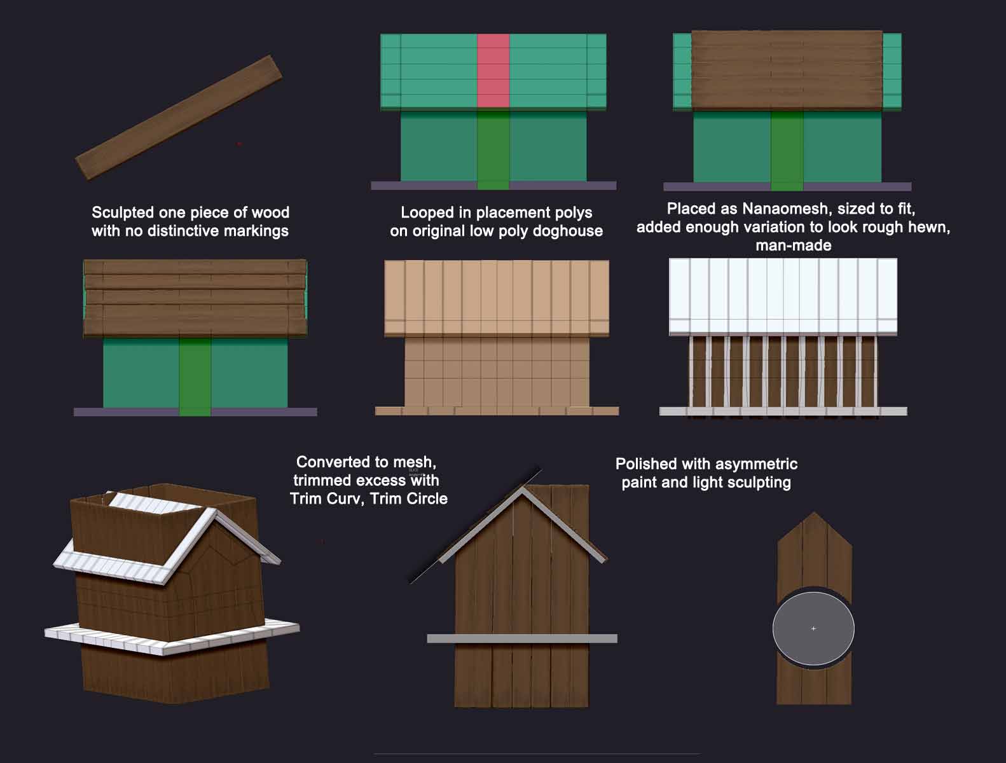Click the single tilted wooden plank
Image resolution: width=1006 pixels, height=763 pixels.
coord(179,118)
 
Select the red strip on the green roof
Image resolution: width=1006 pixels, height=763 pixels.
coord(493,71)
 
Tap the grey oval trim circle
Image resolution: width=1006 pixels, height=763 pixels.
coord(813,628)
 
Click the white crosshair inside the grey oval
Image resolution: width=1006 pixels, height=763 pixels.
coord(813,628)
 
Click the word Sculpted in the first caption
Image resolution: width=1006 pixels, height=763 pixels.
coord(122,212)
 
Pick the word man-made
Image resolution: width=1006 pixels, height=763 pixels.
coord(794,245)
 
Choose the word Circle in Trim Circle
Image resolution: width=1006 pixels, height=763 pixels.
coord(425,498)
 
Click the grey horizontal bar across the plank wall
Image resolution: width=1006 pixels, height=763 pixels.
coord(522,638)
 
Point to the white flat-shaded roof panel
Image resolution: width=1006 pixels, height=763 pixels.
coord(783,296)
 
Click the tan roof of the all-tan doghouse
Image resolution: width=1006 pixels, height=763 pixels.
coord(497,298)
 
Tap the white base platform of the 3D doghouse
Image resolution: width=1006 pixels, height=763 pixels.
coord(172,637)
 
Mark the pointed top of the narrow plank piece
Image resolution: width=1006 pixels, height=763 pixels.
coord(814,512)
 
